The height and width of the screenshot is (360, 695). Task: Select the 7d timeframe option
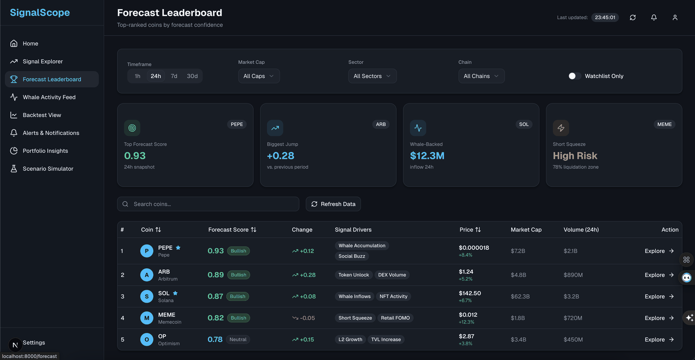pyautogui.click(x=174, y=76)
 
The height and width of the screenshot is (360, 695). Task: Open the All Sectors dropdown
pyautogui.click(x=372, y=76)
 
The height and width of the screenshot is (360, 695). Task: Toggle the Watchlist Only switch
pyautogui.click(x=574, y=76)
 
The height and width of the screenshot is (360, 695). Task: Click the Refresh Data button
pyautogui.click(x=333, y=204)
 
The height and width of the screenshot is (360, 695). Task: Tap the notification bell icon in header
pyautogui.click(x=654, y=17)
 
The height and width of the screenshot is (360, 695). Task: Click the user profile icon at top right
pyautogui.click(x=675, y=17)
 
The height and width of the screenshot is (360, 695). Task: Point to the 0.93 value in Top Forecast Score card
pyautogui.click(x=135, y=155)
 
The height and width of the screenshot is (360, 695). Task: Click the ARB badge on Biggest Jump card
pyautogui.click(x=381, y=124)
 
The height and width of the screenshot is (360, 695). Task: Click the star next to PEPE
pyautogui.click(x=178, y=248)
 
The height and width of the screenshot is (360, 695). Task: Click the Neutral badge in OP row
pyautogui.click(x=238, y=340)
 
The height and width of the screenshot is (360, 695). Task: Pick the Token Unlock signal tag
pyautogui.click(x=354, y=275)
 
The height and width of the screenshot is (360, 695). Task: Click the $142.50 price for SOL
pyautogui.click(x=470, y=293)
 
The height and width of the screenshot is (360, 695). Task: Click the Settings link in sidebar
pyautogui.click(x=34, y=342)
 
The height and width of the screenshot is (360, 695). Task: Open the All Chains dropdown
pyautogui.click(x=481, y=76)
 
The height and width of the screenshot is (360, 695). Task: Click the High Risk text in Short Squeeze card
pyautogui.click(x=575, y=155)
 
